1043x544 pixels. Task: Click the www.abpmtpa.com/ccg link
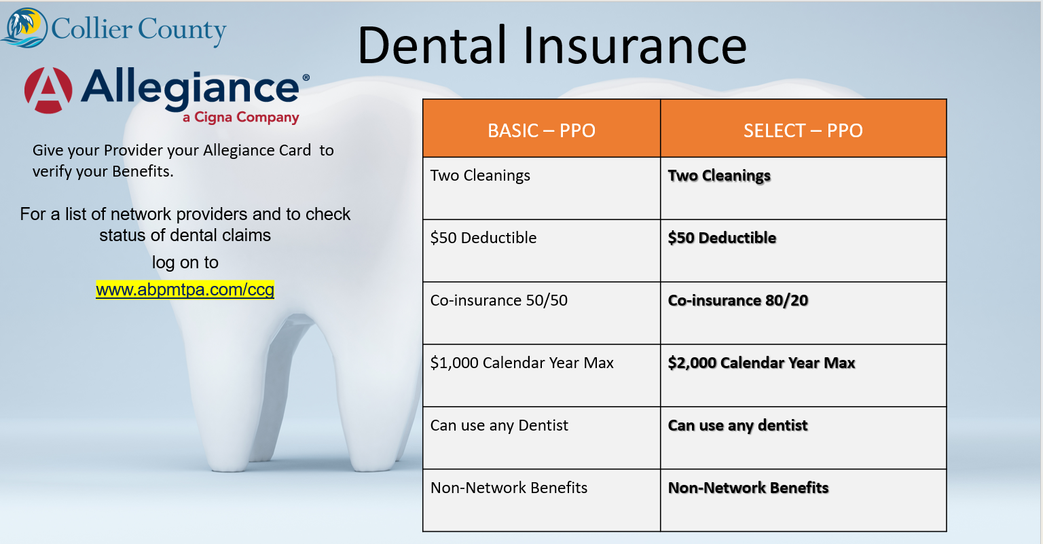tap(185, 290)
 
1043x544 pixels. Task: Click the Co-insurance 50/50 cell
tap(541, 313)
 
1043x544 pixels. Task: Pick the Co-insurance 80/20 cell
tap(803, 313)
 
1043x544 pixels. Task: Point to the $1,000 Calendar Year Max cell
tap(541, 376)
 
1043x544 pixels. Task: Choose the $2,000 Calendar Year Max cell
tap(803, 376)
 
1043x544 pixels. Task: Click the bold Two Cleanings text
tap(719, 176)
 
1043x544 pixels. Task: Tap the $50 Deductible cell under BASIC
tap(541, 251)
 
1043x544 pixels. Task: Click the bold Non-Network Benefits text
tap(748, 488)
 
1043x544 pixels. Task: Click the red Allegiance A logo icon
tap(48, 90)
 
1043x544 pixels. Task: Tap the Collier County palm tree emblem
tap(24, 28)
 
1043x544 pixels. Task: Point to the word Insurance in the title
tap(635, 46)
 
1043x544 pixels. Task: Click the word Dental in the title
tap(432, 46)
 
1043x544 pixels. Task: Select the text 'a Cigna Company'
tap(241, 117)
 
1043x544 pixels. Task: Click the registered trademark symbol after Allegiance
tap(306, 78)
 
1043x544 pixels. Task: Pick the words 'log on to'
tap(185, 263)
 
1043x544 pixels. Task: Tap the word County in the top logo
tap(182, 31)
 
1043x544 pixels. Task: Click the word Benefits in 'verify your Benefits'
tap(143, 171)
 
